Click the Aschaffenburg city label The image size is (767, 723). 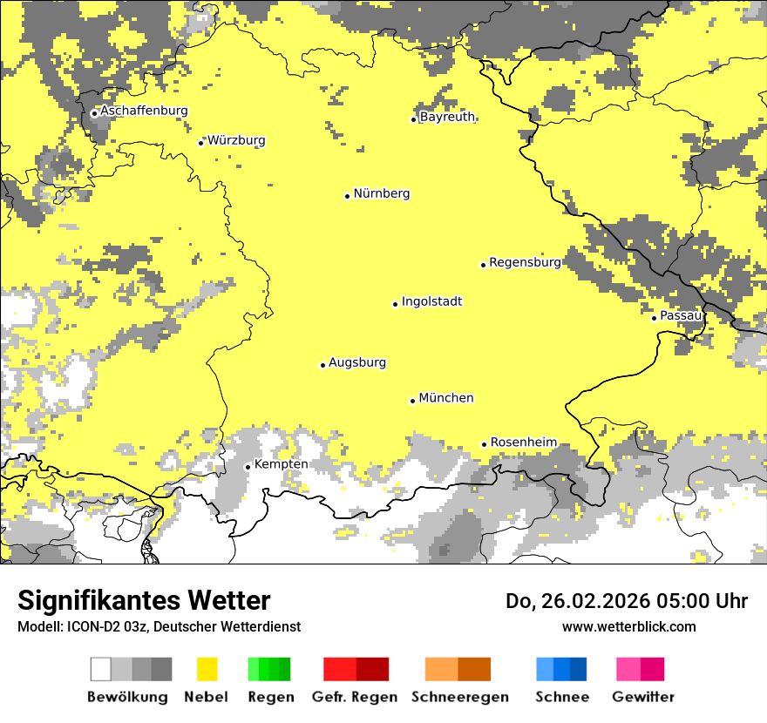pyautogui.click(x=144, y=111)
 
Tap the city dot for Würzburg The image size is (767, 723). pyautogui.click(x=201, y=142)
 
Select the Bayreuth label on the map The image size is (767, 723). pyautogui.click(x=447, y=117)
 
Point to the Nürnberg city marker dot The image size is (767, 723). pyautogui.click(x=347, y=196)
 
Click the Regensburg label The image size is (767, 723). pyautogui.click(x=525, y=262)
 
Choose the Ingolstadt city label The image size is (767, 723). pyautogui.click(x=431, y=301)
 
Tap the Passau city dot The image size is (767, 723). pyautogui.click(x=654, y=318)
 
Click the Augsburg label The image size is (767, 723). pyautogui.click(x=357, y=362)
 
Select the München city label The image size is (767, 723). pyautogui.click(x=446, y=398)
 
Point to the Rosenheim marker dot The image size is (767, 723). pyautogui.click(x=484, y=444)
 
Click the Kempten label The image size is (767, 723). pyautogui.click(x=281, y=464)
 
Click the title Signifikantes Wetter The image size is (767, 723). pyautogui.click(x=144, y=600)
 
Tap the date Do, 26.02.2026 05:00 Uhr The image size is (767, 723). pyautogui.click(x=627, y=601)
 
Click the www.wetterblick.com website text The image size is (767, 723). pyautogui.click(x=628, y=626)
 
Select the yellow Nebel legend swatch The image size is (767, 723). pyautogui.click(x=207, y=669)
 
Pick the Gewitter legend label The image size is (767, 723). pyautogui.click(x=642, y=697)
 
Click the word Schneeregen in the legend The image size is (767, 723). pyautogui.click(x=460, y=697)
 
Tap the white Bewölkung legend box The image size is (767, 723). pyautogui.click(x=101, y=669)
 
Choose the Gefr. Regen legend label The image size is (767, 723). pyautogui.click(x=354, y=697)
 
